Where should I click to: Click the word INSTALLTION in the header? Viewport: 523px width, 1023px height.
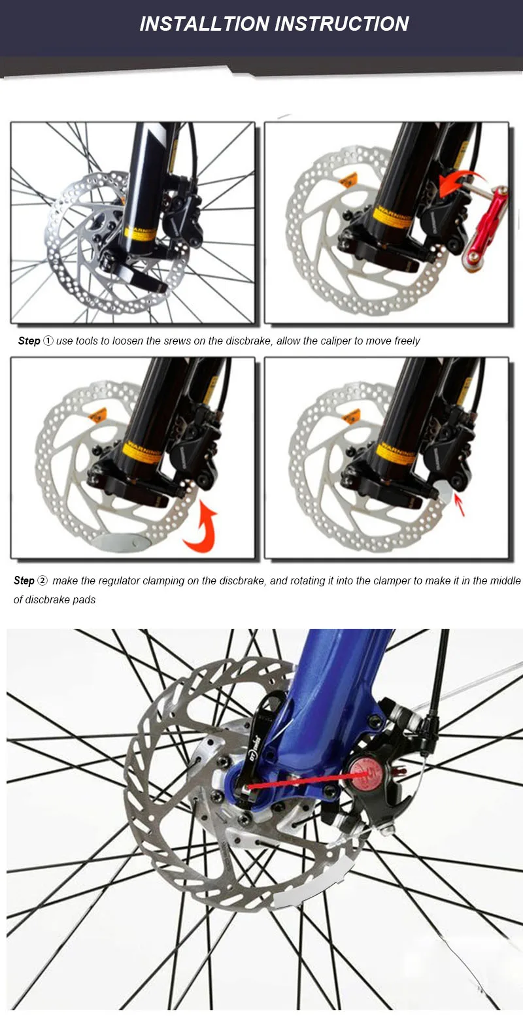[x=205, y=24]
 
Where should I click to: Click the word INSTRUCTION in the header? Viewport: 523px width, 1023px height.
[x=342, y=24]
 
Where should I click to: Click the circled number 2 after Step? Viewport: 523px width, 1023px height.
[x=42, y=580]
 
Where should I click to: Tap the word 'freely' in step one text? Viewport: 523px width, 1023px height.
[x=407, y=341]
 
